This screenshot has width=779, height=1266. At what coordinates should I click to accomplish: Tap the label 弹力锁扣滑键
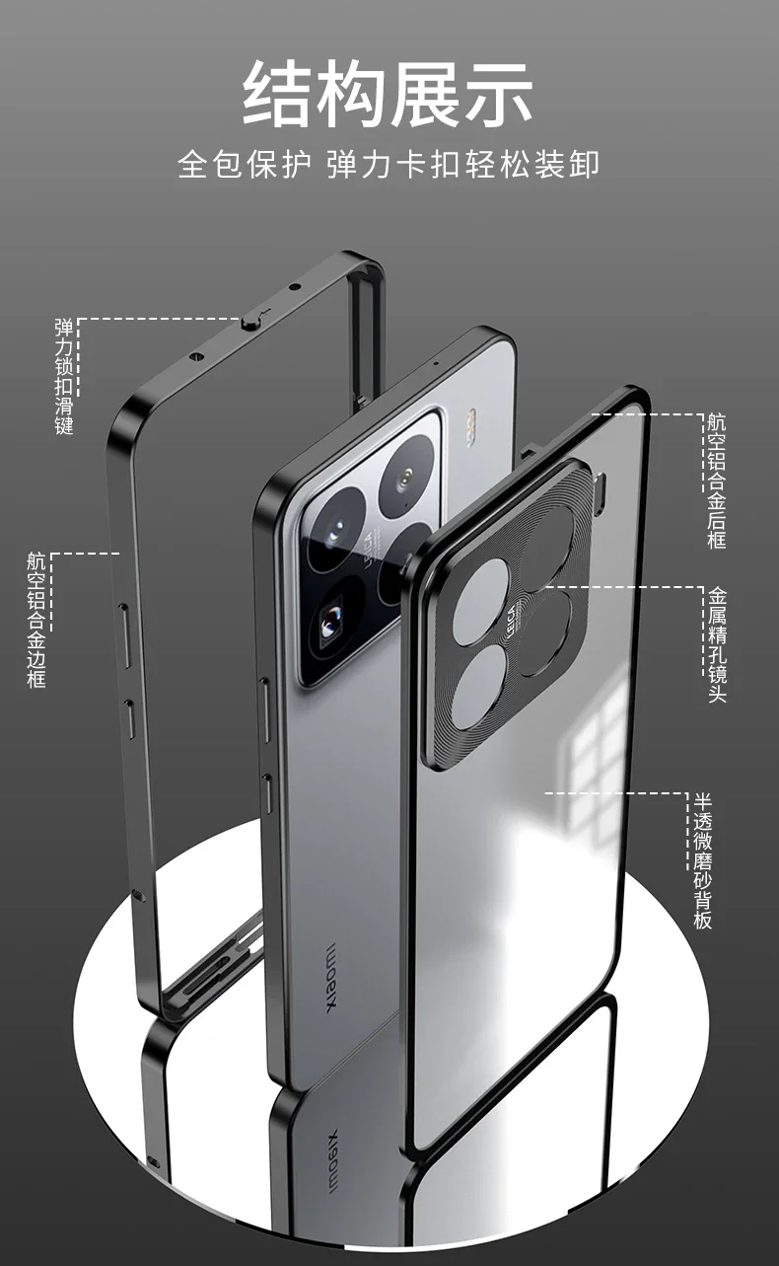point(64,376)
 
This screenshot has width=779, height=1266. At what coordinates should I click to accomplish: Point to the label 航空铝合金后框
point(717,482)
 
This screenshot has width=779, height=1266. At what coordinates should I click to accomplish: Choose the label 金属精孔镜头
point(717,644)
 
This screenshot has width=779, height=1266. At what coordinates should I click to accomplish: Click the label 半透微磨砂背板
point(702,860)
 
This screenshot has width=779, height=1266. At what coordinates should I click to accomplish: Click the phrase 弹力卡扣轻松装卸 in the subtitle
point(462,163)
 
